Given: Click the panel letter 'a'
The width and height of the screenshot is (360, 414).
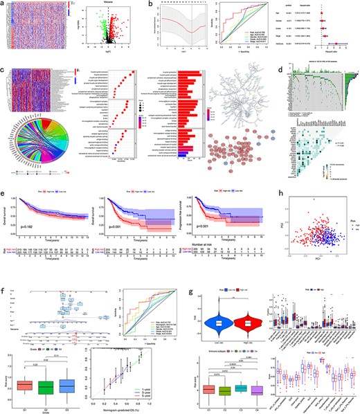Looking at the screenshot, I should (x=4, y=3).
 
